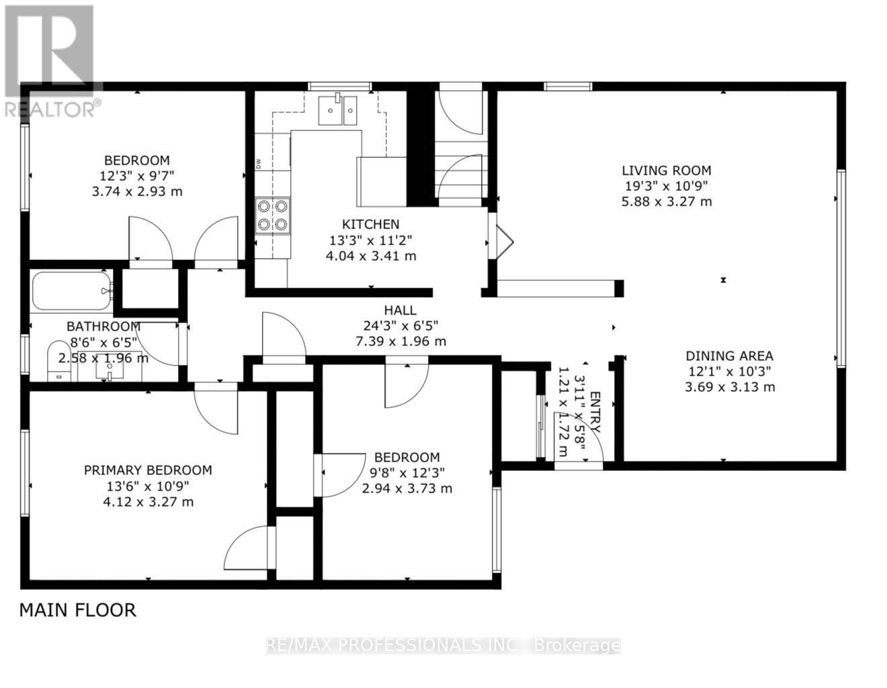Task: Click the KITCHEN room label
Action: [x=370, y=224]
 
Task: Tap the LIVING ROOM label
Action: [x=666, y=170]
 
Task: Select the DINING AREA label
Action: [x=729, y=356]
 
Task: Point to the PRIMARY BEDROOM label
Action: [x=148, y=470]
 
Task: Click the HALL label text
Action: [x=400, y=310]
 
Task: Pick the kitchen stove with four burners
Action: [x=272, y=216]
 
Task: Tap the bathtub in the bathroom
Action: [x=71, y=290]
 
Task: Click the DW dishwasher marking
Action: [x=258, y=164]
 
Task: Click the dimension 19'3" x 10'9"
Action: [x=666, y=186]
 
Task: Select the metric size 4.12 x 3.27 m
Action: [x=149, y=501]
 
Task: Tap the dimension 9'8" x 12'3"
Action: [x=407, y=472]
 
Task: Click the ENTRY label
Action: [x=595, y=412]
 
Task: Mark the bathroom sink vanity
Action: [x=110, y=366]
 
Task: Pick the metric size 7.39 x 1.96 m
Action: [x=401, y=341]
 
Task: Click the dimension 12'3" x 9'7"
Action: [x=137, y=176]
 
